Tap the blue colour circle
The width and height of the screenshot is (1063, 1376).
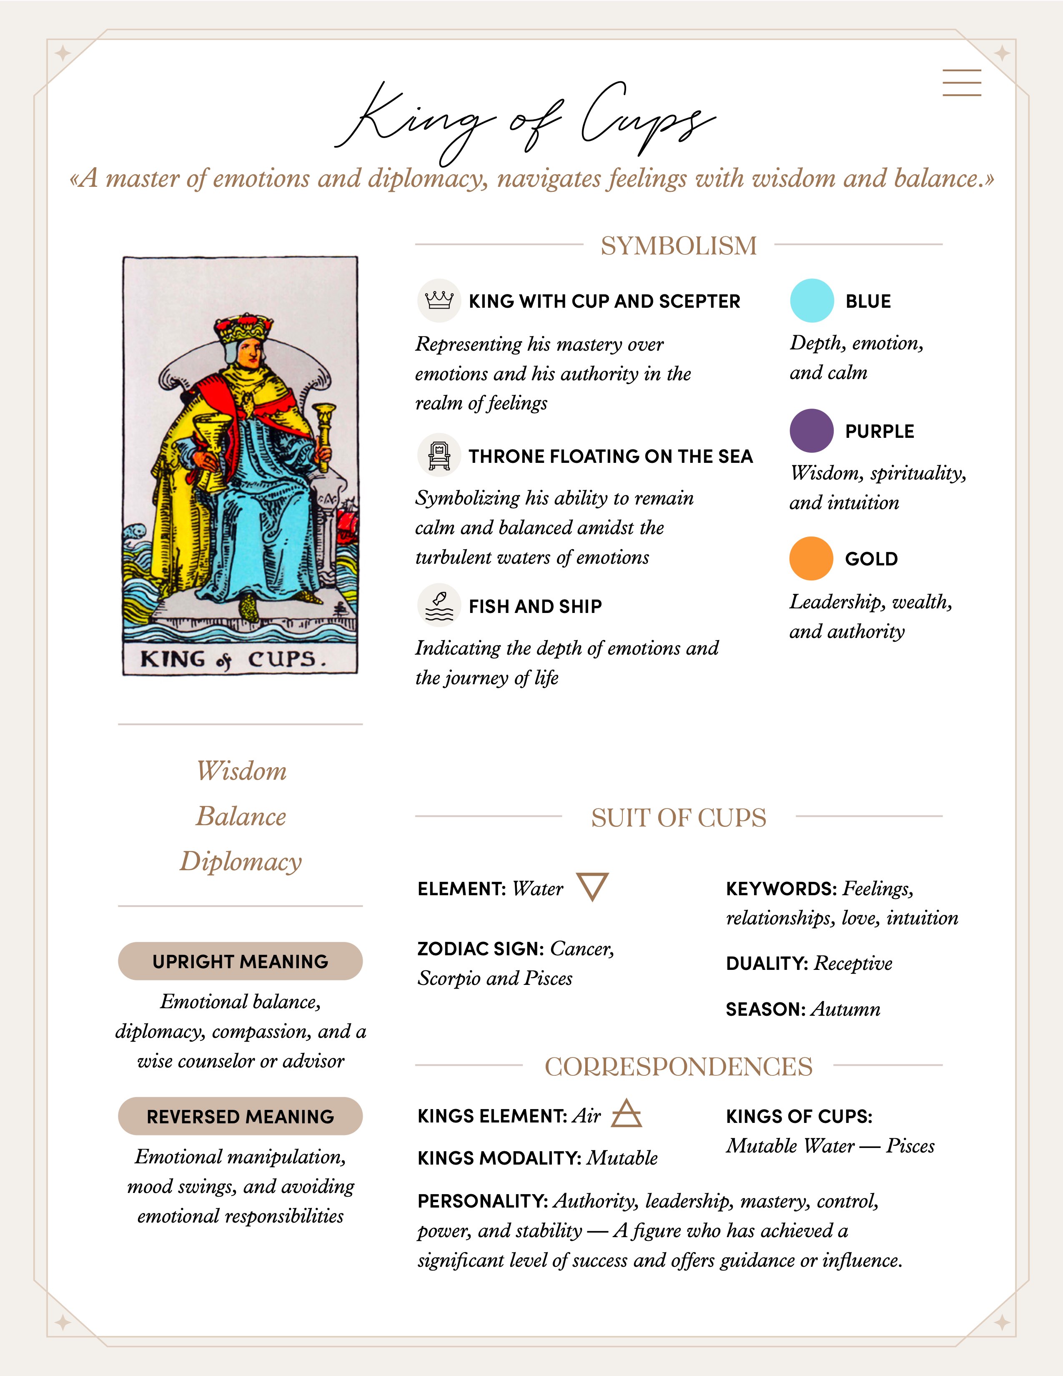pos(812,301)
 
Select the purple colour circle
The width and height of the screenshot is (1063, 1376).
pos(812,431)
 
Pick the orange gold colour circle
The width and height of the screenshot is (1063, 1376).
pos(811,558)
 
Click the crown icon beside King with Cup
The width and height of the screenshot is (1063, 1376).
pos(439,301)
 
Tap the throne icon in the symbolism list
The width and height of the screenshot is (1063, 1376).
pos(439,455)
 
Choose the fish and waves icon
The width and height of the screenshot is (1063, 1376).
pos(439,605)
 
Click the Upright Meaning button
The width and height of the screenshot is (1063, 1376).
pos(240,962)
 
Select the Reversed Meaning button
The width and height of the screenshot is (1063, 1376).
pos(240,1116)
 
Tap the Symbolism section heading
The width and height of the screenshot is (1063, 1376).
pos(678,245)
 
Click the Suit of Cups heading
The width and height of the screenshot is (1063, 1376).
pos(678,818)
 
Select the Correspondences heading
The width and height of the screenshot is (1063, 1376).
pos(678,1067)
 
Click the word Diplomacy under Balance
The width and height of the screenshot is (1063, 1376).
pos(241,861)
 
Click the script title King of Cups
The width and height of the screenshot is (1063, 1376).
pos(526,120)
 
